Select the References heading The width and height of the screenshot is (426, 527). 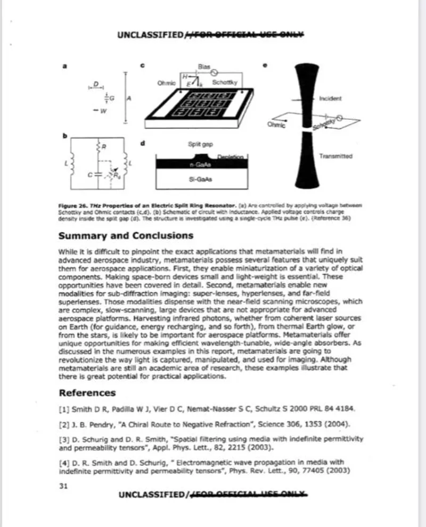(87, 393)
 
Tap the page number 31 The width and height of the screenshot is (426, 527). (63, 485)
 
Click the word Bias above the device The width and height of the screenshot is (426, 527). (202, 66)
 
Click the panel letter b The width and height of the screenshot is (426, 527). (65, 136)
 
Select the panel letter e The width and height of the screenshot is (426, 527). (266, 66)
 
